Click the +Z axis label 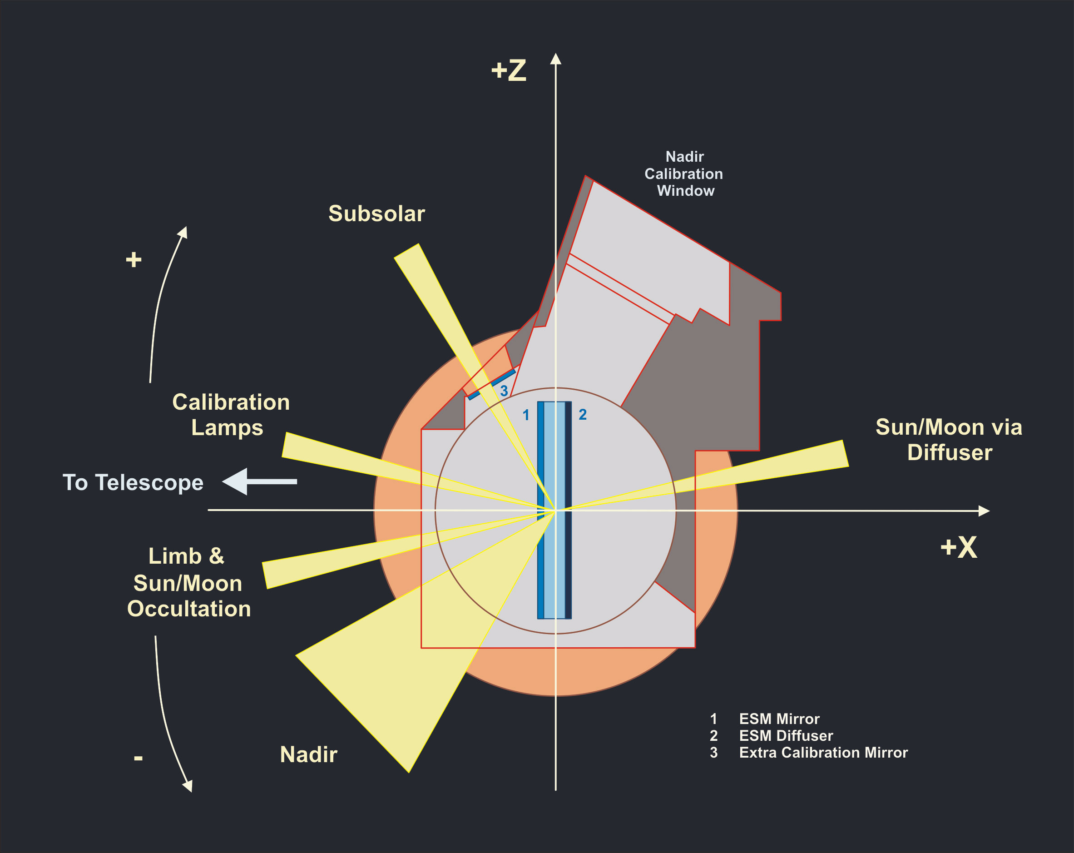coord(509,70)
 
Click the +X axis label coord(959,548)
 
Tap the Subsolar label coord(376,214)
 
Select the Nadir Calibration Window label coord(684,174)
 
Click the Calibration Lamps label coord(230,415)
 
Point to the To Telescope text coord(133,483)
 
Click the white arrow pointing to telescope coord(259,481)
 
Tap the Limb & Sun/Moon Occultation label coord(188,582)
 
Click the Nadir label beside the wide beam coord(308,755)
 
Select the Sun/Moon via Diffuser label coord(949,440)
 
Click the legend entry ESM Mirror coord(779,719)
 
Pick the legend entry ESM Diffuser coord(786,736)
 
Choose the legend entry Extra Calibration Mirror coord(823,753)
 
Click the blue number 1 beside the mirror coord(525,415)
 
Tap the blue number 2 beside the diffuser coord(583,415)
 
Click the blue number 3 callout coord(504,391)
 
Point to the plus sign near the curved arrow coord(134,260)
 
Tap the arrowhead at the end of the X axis coord(983,511)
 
